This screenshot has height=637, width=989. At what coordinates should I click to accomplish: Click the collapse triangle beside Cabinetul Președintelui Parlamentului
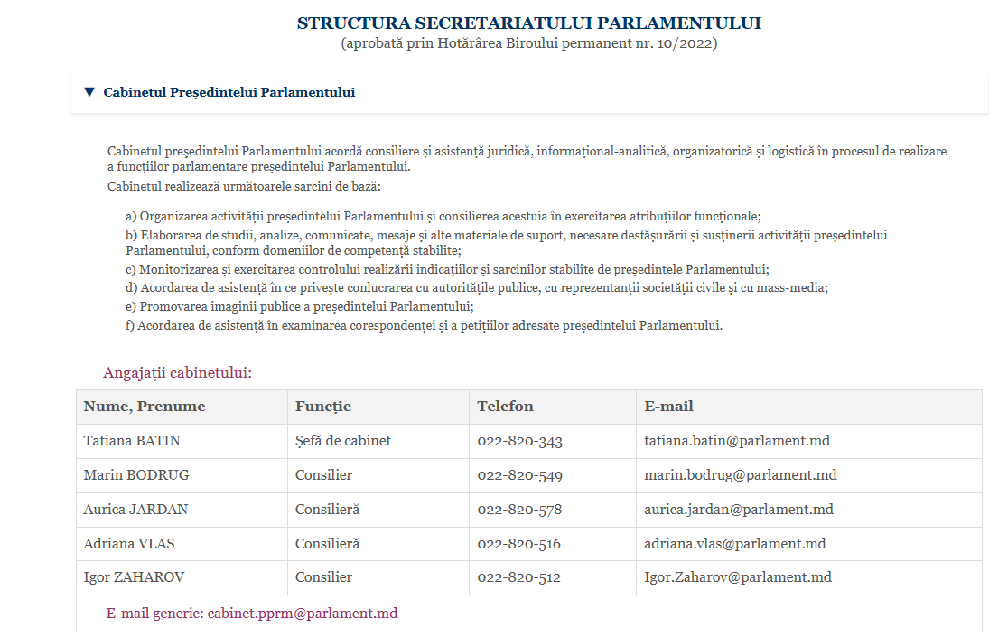[x=89, y=92]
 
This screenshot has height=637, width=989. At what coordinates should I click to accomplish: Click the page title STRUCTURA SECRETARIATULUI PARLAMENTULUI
[x=528, y=23]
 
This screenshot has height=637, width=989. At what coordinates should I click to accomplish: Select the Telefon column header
[x=505, y=407]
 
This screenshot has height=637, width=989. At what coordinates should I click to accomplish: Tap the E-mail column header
[x=668, y=407]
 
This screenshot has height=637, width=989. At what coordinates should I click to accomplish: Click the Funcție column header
[x=322, y=407]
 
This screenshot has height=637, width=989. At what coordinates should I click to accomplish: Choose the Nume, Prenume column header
[x=145, y=407]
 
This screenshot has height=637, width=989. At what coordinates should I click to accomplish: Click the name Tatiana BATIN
[x=132, y=441]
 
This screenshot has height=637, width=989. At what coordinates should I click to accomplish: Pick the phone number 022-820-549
[x=519, y=475]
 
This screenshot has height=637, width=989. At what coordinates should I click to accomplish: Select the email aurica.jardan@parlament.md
[x=738, y=510]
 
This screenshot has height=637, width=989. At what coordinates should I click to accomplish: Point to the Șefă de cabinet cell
[x=342, y=441]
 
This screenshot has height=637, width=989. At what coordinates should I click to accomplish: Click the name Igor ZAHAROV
[x=134, y=577]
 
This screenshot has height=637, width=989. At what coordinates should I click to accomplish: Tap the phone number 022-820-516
[x=518, y=544]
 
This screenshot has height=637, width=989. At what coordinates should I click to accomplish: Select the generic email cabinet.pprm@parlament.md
[x=302, y=614]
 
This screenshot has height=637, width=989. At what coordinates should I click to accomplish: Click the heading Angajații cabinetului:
[x=177, y=372]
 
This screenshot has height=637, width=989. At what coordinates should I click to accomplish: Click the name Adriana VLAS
[x=129, y=544]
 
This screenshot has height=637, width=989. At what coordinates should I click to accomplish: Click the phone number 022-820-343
[x=519, y=441]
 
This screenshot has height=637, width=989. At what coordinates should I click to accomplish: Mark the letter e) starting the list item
[x=132, y=307]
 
